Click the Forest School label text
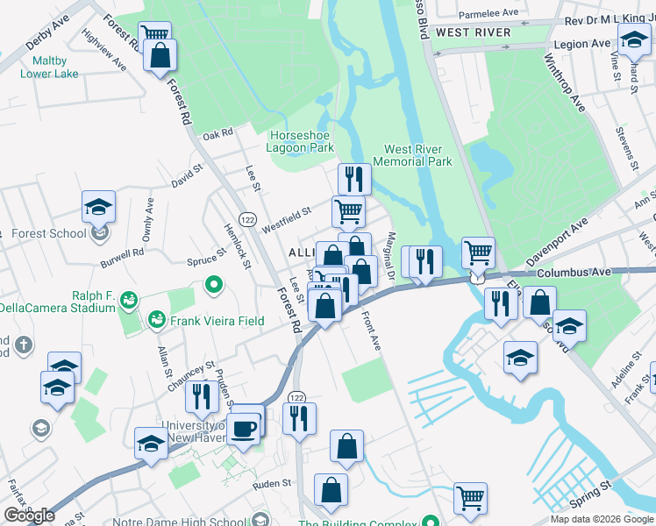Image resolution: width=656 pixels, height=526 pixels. click(x=49, y=233)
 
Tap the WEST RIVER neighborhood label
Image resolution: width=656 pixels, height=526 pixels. click(x=473, y=32)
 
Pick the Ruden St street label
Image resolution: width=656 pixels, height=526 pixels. click(x=271, y=483)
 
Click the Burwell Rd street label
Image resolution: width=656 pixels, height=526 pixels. click(x=122, y=257)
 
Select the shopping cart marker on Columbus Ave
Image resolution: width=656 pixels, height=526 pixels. click(x=478, y=253)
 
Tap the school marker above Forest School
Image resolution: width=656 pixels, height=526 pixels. click(x=99, y=208)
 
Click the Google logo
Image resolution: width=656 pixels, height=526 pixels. click(x=29, y=515)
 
